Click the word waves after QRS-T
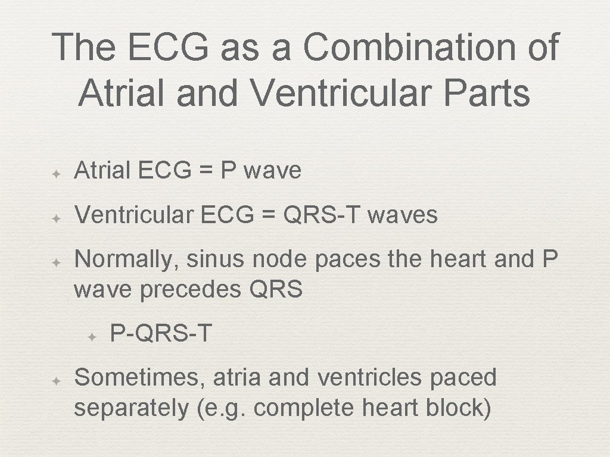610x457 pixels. [403, 215]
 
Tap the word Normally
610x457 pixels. [126, 259]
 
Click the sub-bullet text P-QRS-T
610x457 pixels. [161, 334]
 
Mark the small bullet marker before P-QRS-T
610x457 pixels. [92, 336]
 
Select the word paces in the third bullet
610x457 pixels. [348, 259]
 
